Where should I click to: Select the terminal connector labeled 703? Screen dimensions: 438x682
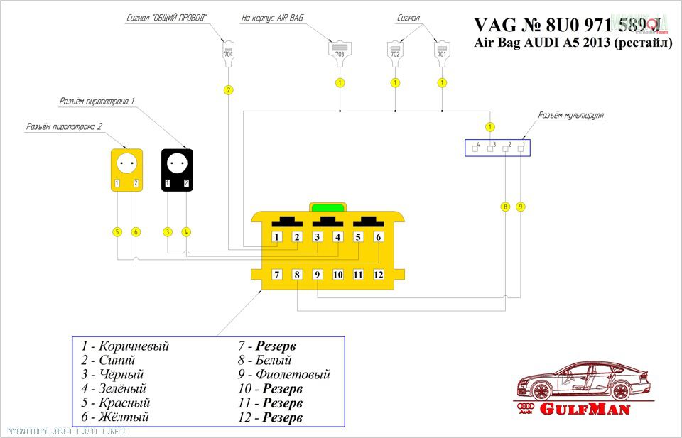[340, 52]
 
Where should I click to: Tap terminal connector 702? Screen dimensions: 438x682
[395, 52]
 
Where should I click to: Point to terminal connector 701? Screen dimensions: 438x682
[442, 52]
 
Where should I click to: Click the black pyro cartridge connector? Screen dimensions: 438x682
[177, 170]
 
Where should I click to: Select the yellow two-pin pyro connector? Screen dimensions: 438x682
[126, 170]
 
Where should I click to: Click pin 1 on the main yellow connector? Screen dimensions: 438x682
[278, 237]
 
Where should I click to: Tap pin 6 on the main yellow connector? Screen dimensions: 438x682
[379, 237]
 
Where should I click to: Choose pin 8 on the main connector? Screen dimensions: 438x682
[298, 274]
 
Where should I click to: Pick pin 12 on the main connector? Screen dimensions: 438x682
[379, 274]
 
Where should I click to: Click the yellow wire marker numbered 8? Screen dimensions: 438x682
[505, 207]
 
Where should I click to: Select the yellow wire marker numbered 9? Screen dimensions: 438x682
[521, 207]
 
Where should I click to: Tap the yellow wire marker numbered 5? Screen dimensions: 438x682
[117, 231]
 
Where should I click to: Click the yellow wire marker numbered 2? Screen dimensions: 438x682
[228, 90]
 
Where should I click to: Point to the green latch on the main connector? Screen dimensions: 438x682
[328, 207]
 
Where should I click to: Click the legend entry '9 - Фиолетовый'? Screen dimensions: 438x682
[284, 374]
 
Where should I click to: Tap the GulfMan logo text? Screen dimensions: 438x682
[585, 409]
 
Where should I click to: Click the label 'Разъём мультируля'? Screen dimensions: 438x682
[570, 114]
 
